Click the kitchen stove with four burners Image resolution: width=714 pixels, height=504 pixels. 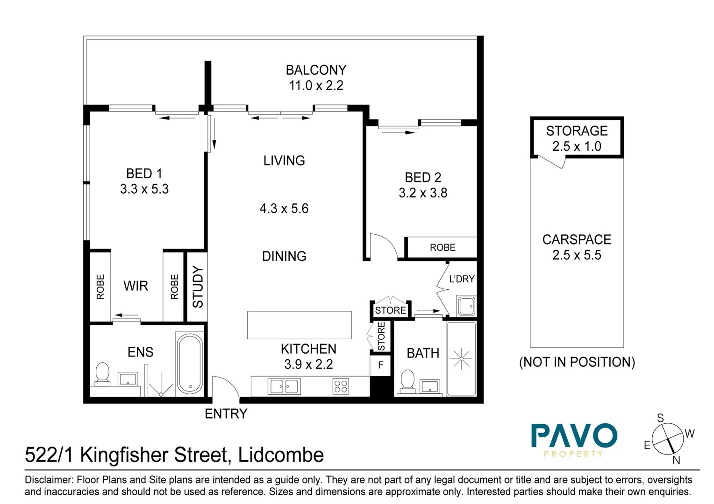340,386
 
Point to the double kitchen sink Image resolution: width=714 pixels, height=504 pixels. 284,386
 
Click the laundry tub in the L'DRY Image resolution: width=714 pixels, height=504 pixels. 466,306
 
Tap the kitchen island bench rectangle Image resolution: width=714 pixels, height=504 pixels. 299,325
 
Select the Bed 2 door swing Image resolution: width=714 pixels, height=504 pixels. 382,246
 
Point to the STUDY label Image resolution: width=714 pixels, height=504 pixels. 198,287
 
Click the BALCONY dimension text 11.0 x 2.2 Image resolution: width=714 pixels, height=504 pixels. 316,85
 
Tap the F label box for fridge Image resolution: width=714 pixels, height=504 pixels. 381,365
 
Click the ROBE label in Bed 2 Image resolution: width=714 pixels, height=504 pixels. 442,247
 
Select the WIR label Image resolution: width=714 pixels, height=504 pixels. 136,286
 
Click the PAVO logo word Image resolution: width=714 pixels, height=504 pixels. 574,436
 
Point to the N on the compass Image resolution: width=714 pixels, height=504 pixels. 676,460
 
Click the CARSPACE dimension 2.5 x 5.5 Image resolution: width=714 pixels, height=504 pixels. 577,255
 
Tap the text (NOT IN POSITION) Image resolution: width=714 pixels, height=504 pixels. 577,362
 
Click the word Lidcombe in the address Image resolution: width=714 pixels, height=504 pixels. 281,455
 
